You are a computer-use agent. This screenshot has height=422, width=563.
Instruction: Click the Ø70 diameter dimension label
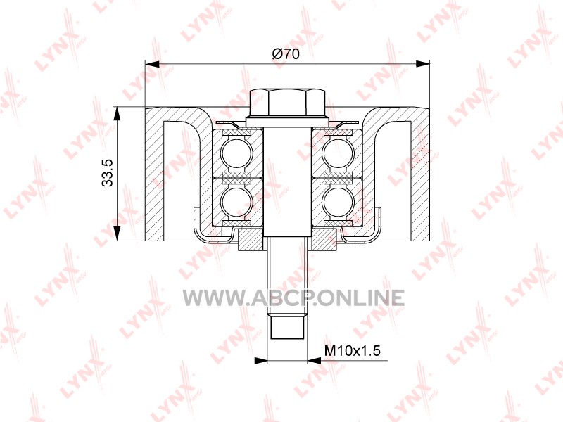pos(286,54)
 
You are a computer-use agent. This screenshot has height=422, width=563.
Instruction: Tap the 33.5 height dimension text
pos(108,172)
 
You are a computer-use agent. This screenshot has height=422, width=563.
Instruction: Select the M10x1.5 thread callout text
pos(352,350)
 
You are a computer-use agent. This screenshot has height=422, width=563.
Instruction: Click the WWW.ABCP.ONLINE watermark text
pos(293,298)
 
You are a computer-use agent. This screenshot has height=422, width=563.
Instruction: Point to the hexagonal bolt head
pos(287,102)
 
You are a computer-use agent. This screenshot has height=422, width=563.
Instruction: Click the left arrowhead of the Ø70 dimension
pos(151,64)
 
